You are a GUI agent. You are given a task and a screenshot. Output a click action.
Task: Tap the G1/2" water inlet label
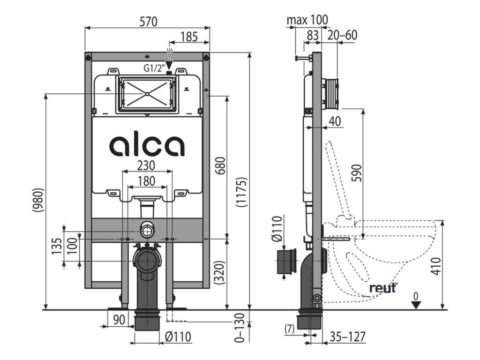pos(153,69)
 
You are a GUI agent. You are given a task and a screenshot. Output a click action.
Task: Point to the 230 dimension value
pos(147,166)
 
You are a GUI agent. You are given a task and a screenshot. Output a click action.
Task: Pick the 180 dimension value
pos(147,181)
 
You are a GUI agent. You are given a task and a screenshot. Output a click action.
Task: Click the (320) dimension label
pos(221,272)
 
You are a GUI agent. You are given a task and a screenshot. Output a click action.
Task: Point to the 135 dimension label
pos(57,247)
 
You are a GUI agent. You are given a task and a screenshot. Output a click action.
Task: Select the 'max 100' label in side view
pos(307,20)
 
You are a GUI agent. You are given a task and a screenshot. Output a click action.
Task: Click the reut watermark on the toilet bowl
pos(383,288)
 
